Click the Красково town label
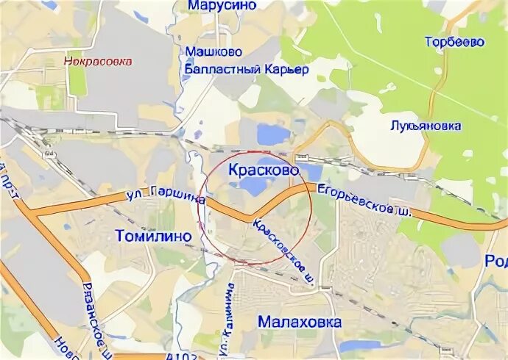(x=264, y=170)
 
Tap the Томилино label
(x=154, y=236)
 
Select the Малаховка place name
(x=300, y=322)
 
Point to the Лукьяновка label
(x=426, y=126)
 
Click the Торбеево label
(x=454, y=42)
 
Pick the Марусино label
(x=221, y=6)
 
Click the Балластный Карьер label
(x=245, y=69)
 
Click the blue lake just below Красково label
(x=253, y=187)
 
